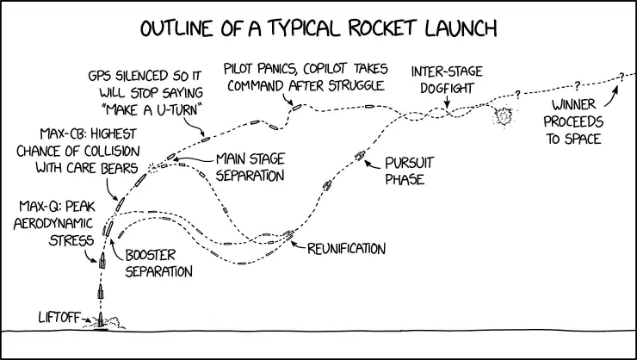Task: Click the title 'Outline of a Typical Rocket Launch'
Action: [318, 28]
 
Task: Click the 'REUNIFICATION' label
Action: [346, 248]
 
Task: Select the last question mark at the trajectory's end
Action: [619, 77]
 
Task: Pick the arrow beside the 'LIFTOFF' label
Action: [87, 321]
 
